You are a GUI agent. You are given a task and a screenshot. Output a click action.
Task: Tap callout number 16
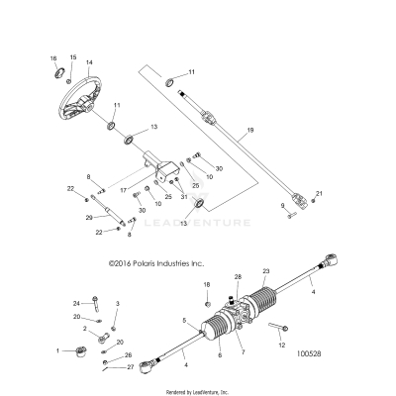(53, 59)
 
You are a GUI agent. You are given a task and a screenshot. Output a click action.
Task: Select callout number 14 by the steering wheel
(89, 62)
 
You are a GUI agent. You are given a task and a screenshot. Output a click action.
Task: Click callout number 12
(282, 345)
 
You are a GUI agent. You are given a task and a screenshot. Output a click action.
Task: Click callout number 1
(59, 350)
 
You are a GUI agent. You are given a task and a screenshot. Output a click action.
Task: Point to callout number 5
(184, 322)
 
